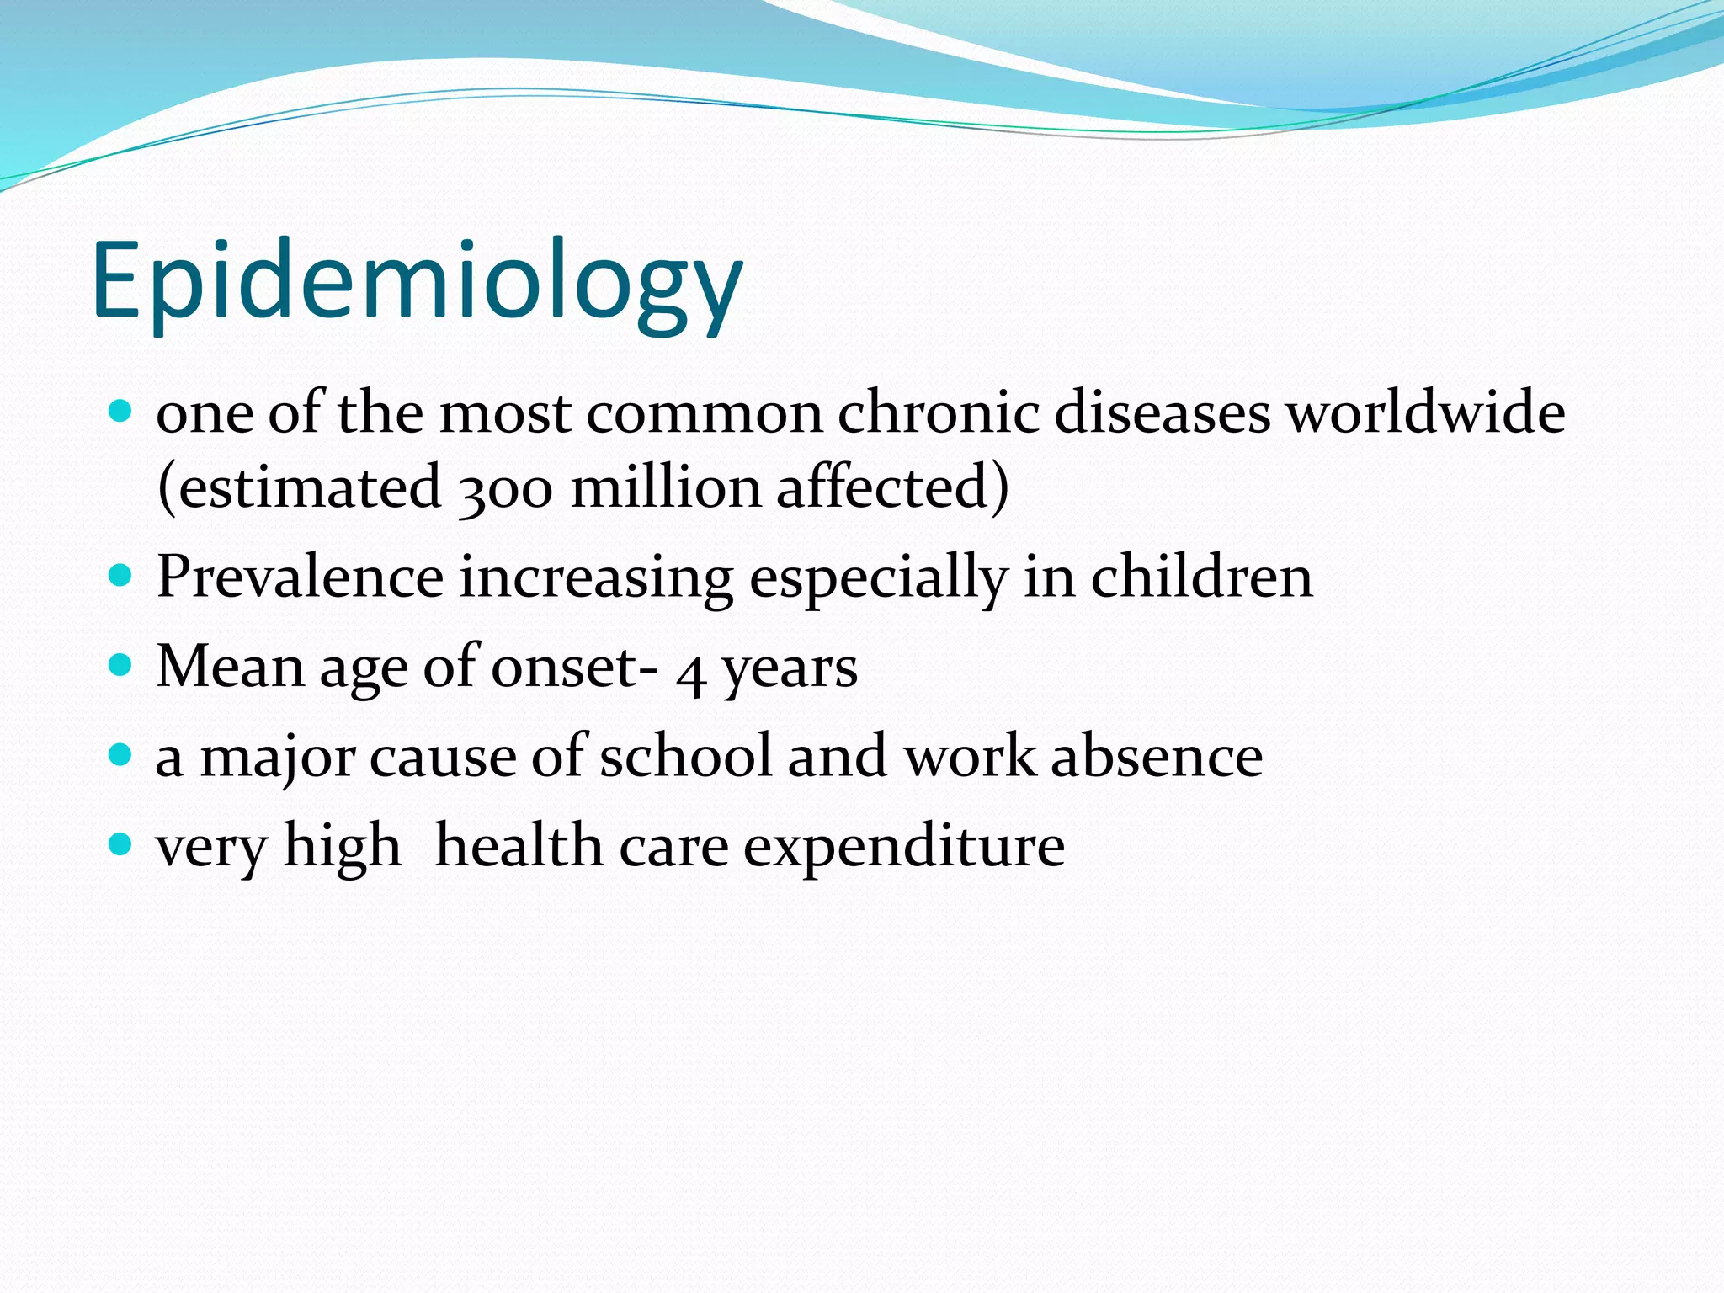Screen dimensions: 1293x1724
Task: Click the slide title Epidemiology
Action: point(417,282)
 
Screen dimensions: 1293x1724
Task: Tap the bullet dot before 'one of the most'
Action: point(121,412)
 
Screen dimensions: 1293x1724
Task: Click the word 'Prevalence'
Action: point(300,577)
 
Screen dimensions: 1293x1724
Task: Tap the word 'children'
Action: point(1201,577)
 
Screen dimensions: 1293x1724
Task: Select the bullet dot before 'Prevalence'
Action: point(121,576)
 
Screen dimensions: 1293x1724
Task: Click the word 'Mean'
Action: point(230,667)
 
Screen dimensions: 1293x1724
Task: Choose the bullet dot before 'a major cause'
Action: point(121,753)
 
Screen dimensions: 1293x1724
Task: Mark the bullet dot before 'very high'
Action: point(121,843)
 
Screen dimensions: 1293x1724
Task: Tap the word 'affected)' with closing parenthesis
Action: point(892,488)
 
